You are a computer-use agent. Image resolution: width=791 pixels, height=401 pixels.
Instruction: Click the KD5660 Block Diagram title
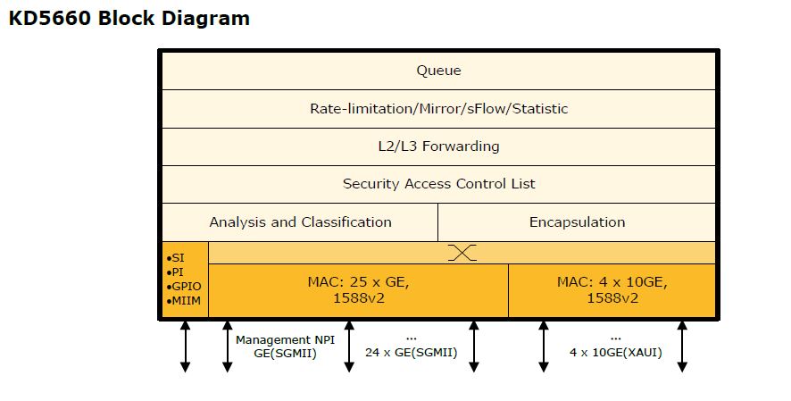coord(129,19)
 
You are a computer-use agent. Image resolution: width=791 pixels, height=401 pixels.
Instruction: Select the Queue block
coord(438,71)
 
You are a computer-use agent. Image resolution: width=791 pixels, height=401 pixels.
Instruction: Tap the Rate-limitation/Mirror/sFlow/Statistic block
coord(438,109)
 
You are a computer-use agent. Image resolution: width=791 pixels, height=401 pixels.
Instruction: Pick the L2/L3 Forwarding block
coord(438,146)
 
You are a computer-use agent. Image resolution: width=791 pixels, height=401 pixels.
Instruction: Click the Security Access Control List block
coord(438,184)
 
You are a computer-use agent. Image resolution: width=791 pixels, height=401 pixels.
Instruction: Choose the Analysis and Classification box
coord(300,222)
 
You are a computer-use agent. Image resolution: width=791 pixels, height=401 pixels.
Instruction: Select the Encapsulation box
coord(577,222)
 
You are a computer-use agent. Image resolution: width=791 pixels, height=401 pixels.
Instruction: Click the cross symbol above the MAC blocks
coord(462,253)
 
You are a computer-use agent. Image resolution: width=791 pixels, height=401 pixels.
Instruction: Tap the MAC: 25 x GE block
coord(358,290)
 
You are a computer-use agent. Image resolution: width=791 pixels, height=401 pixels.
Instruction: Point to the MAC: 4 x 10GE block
coord(612,290)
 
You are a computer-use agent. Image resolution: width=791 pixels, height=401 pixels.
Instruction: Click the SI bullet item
coord(176,258)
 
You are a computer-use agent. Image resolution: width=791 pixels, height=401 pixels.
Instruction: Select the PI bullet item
coord(175,272)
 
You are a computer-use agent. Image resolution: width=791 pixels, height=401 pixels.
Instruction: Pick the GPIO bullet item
coord(184,287)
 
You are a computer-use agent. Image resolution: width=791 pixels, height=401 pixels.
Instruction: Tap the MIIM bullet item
coord(184,301)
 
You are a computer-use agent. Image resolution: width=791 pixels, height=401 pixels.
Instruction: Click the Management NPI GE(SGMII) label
coord(285,347)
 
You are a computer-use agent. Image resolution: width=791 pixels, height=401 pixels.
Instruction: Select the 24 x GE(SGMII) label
coord(412,352)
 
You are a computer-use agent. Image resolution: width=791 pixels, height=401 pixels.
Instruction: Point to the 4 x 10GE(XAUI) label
coord(615,352)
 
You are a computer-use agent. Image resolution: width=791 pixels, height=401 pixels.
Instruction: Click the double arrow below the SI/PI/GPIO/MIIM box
coord(185,347)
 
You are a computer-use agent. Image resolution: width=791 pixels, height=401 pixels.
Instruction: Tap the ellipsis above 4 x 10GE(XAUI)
coord(615,338)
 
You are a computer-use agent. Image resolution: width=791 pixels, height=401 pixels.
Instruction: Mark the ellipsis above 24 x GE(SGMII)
coord(412,338)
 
